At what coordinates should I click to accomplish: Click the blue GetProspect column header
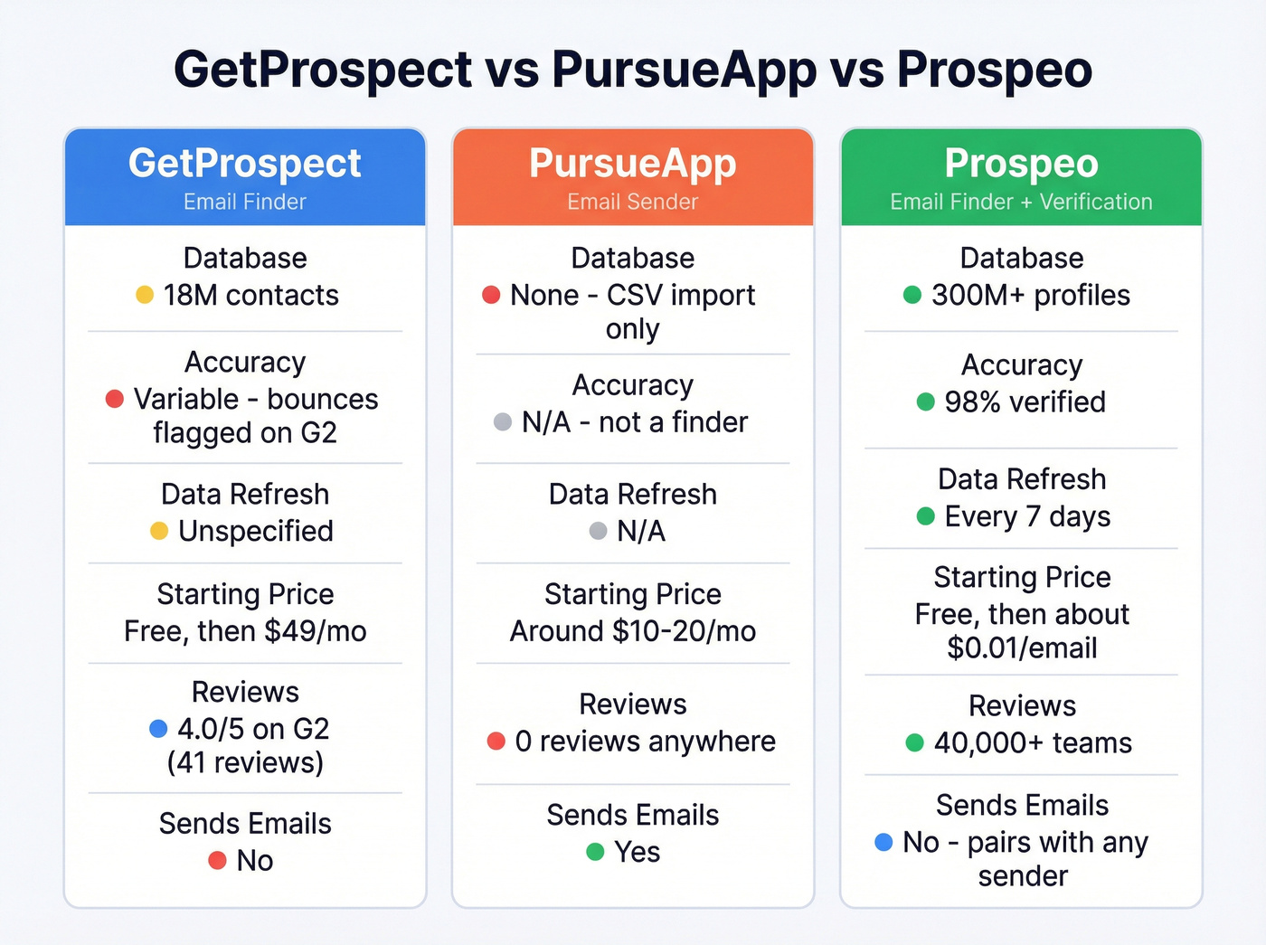(x=245, y=177)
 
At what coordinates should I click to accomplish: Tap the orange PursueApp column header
(x=633, y=177)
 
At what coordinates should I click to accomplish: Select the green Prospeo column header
(x=1021, y=177)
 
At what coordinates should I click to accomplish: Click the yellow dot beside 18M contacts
(x=145, y=295)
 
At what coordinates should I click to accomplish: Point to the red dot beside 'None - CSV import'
(x=491, y=295)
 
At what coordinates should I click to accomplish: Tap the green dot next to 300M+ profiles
(x=912, y=295)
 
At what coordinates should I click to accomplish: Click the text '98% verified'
(x=1025, y=402)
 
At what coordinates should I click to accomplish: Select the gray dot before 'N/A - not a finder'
(x=503, y=422)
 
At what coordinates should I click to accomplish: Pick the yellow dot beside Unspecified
(x=159, y=531)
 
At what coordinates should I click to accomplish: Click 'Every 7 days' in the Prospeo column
(x=1027, y=516)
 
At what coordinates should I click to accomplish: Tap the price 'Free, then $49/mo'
(x=245, y=631)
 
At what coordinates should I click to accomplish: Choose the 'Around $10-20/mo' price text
(x=633, y=631)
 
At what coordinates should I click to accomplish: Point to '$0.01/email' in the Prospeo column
(x=1022, y=648)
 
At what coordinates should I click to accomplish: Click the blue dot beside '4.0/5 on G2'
(x=158, y=728)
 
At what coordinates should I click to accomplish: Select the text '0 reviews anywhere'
(x=645, y=742)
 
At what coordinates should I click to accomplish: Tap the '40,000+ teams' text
(x=1033, y=743)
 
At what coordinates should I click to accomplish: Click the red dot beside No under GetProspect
(x=217, y=860)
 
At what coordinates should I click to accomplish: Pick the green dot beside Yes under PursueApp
(x=595, y=852)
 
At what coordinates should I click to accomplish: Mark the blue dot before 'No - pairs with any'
(x=884, y=842)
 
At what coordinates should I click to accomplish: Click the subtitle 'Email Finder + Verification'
(x=1021, y=202)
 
